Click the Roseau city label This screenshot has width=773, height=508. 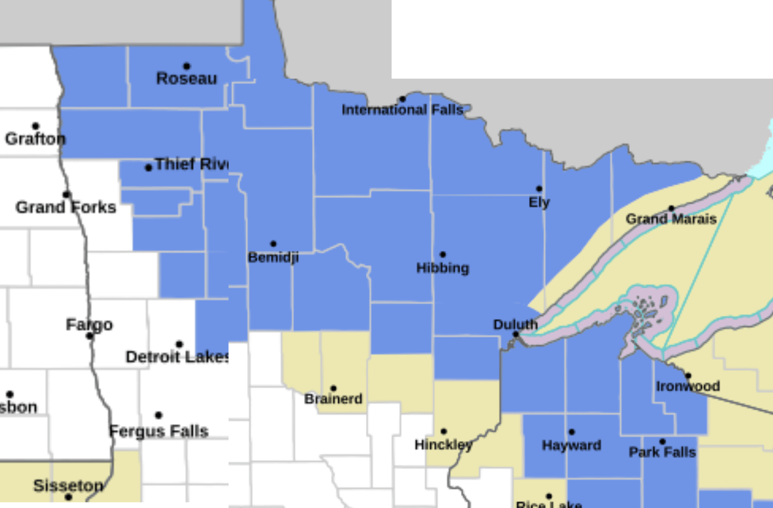(186, 79)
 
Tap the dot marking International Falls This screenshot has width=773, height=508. (402, 99)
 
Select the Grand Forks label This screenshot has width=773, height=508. (66, 207)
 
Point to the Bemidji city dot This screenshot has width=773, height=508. (273, 244)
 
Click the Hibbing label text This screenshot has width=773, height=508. (443, 268)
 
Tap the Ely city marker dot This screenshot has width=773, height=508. (539, 189)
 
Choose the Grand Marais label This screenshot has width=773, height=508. (671, 219)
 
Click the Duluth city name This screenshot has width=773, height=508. (515, 324)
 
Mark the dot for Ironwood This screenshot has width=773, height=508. (688, 376)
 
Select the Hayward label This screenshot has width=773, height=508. (572, 445)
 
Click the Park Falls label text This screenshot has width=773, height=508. (662, 452)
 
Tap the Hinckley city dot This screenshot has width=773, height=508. (443, 431)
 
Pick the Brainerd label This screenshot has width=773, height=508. (333, 399)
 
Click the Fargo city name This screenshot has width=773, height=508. (89, 325)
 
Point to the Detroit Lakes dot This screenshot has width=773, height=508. (179, 344)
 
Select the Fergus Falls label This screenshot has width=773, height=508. (159, 431)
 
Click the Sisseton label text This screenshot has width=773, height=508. (68, 485)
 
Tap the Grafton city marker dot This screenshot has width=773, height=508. (36, 126)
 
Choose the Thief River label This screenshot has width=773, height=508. (191, 165)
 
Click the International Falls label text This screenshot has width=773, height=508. (402, 110)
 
